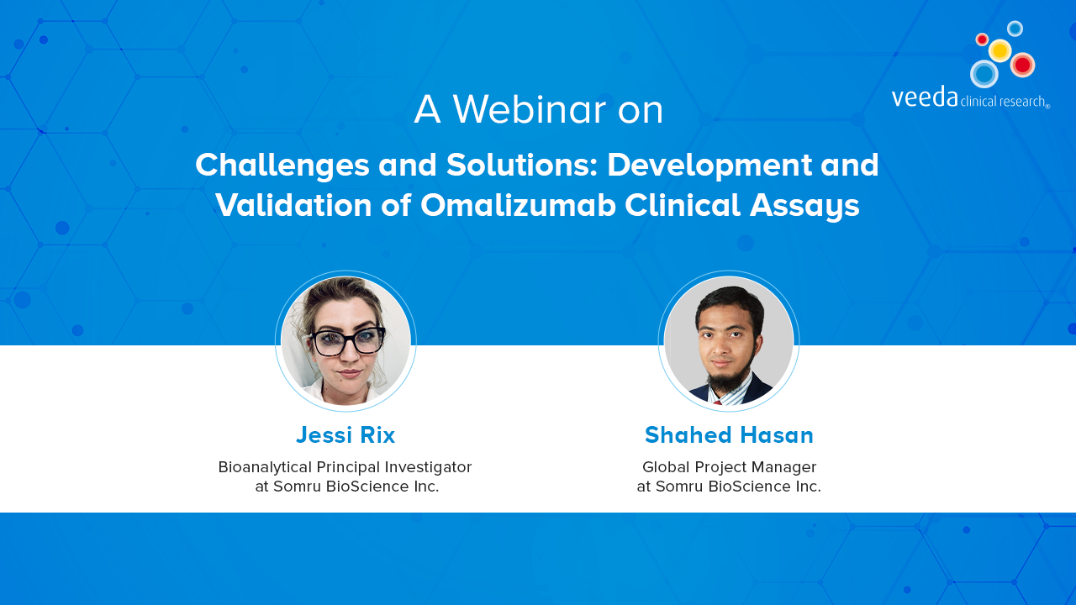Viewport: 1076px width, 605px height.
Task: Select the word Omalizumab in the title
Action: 518,205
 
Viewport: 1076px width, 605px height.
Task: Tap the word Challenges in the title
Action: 282,166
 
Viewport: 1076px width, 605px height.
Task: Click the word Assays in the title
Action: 804,207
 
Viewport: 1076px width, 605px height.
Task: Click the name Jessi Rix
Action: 345,435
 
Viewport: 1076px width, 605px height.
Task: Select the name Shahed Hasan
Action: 729,435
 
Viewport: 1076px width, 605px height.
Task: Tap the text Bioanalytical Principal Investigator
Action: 345,467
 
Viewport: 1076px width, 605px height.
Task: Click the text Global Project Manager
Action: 729,467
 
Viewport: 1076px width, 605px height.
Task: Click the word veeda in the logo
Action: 925,97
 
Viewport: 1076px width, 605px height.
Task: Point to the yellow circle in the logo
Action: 1000,50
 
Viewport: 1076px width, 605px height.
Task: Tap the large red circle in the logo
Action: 1022,65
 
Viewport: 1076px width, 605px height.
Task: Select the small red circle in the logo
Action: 983,39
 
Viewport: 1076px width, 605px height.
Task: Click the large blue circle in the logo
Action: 984,74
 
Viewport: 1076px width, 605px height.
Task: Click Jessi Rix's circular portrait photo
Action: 345,341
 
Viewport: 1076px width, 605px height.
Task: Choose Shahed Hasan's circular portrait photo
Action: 729,341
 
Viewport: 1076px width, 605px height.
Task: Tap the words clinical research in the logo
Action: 1004,102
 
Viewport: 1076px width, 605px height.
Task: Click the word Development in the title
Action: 709,166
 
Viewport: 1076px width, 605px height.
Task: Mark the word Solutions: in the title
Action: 522,165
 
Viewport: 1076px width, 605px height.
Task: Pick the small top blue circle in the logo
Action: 1015,29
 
